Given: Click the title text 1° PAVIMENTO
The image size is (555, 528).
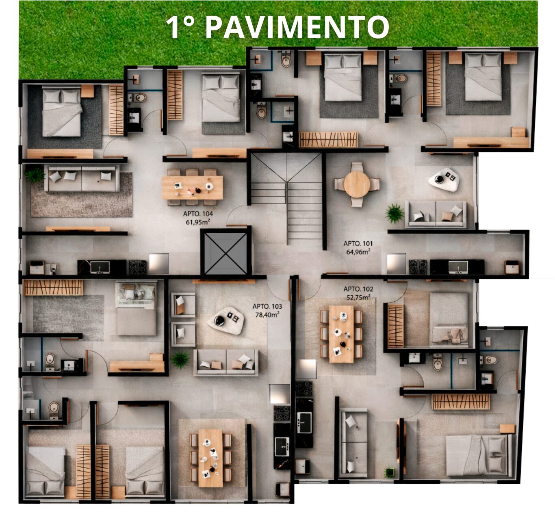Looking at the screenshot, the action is pyautogui.click(x=277, y=27).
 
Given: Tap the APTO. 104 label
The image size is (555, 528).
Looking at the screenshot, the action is pyautogui.click(x=198, y=214).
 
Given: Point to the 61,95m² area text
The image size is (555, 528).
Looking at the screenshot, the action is pyautogui.click(x=197, y=222).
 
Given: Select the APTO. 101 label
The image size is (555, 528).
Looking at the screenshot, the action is pyautogui.click(x=358, y=243).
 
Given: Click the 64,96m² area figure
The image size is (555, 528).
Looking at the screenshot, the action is pyautogui.click(x=358, y=252).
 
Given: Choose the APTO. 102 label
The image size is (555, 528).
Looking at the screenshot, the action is pyautogui.click(x=358, y=289).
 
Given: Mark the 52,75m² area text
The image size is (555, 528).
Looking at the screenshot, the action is pyautogui.click(x=358, y=297).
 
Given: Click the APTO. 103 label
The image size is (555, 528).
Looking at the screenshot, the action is pyautogui.click(x=267, y=306).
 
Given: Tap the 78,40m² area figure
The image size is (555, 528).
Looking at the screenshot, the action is pyautogui.click(x=267, y=314).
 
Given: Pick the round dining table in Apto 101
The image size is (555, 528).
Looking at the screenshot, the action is pyautogui.click(x=357, y=184).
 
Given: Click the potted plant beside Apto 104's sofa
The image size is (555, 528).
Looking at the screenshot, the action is pyautogui.click(x=35, y=174).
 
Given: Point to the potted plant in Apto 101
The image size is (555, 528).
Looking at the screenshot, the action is pyautogui.click(x=395, y=213).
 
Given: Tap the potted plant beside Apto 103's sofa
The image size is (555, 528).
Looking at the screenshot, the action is pyautogui.click(x=180, y=360).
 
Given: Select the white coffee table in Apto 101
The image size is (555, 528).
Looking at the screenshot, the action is pyautogui.click(x=444, y=179).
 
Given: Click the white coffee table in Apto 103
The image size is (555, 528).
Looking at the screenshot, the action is pyautogui.click(x=225, y=320).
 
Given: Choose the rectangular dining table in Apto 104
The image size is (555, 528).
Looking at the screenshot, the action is pyautogui.click(x=192, y=188).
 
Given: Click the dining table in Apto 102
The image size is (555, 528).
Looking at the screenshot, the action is pyautogui.click(x=341, y=334).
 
